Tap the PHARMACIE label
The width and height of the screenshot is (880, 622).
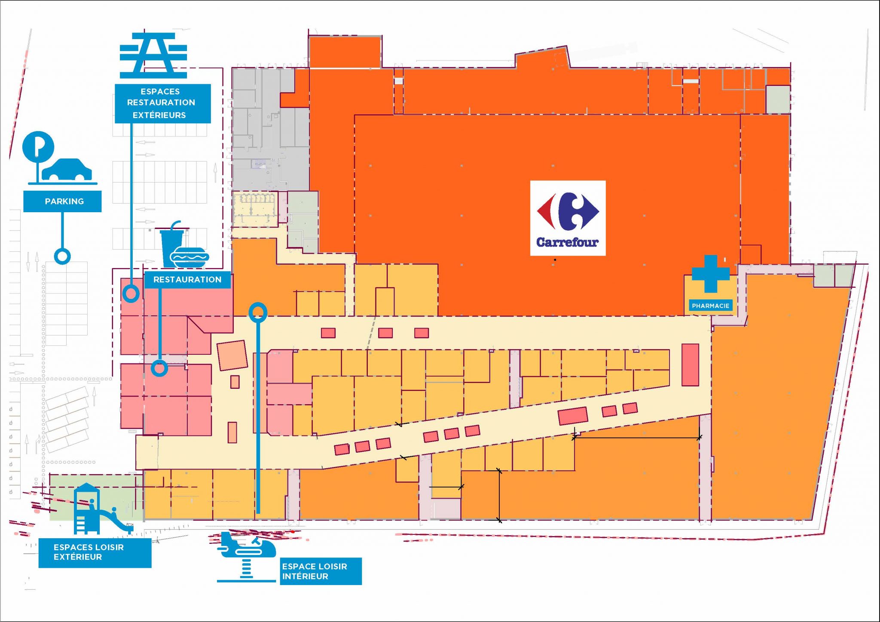[710, 306]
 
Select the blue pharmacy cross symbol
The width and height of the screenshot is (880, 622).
[710, 274]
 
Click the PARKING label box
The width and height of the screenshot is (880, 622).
[62, 201]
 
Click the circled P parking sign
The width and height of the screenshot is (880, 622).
[38, 146]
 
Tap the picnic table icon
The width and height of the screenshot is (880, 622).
[153, 55]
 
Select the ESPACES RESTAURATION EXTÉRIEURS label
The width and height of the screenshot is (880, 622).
[162, 104]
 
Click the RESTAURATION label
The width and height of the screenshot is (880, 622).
[187, 280]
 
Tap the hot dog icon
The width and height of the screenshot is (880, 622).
[189, 258]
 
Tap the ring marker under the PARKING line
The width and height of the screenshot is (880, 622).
[62, 256]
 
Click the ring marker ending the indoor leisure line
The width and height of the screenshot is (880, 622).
[258, 312]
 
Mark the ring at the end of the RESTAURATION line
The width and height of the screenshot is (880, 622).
[159, 368]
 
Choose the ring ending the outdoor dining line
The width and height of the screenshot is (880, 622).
[131, 294]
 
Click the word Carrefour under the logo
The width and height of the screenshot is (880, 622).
[567, 242]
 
